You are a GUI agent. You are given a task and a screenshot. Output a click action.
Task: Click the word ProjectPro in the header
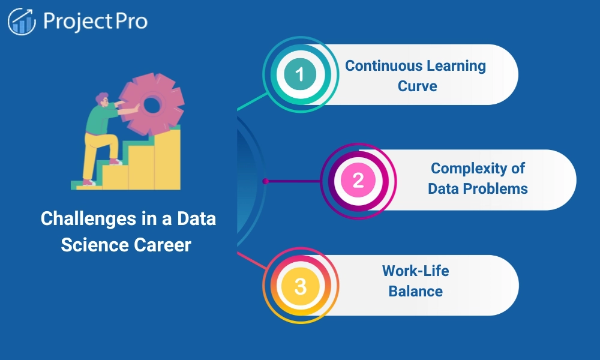tap(95, 22)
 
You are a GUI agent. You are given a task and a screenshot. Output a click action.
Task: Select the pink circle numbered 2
tap(358, 180)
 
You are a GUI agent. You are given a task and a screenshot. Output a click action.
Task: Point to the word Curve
tap(417, 86)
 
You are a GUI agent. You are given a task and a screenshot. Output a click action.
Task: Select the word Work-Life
tap(415, 271)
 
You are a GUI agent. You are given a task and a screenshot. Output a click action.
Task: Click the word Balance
tap(415, 292)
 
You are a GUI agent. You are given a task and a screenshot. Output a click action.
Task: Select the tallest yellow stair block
tap(167, 159)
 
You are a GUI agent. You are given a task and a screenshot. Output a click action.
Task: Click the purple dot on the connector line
tap(265, 180)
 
